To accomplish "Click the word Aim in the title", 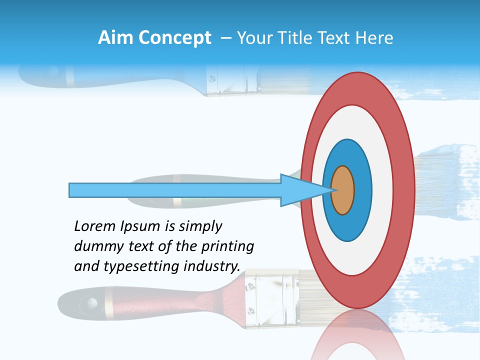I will click(x=115, y=38).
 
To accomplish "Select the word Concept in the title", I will click(x=174, y=38).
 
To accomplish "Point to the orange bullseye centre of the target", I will click(x=343, y=190).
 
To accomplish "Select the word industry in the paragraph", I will click(x=212, y=266).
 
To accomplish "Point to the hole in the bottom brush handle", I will click(x=90, y=302).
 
